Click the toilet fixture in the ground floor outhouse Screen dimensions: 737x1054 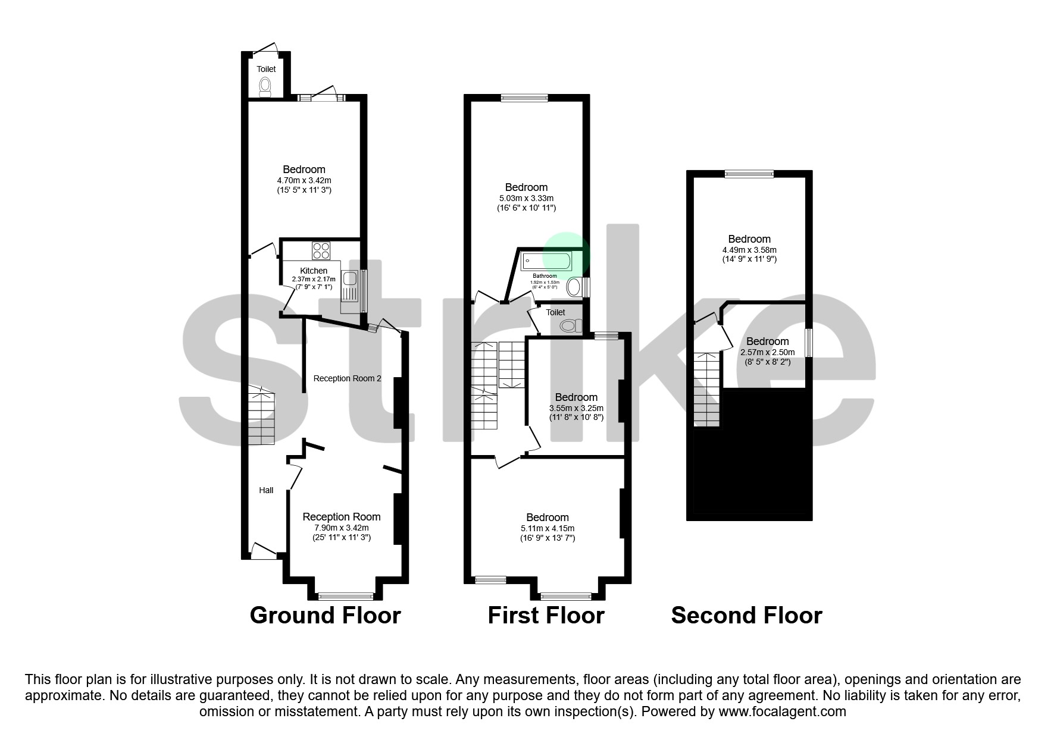pos(266,87)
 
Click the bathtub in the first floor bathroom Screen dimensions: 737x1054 pos(546,261)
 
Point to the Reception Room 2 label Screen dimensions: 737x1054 pos(347,378)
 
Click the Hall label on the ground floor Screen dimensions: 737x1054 pos(266,490)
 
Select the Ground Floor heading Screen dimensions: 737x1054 pos(325,615)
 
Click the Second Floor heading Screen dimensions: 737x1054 pos(746,615)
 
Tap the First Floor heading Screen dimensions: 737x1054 pos(546,615)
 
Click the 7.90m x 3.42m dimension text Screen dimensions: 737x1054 pos(342,528)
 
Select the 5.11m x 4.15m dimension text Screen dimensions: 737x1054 pos(547,528)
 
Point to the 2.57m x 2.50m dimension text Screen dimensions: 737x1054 pos(767,352)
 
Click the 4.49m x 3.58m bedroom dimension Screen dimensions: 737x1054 pos(749,250)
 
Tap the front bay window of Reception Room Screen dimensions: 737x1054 pos(346,595)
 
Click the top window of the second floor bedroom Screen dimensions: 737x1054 pos(749,174)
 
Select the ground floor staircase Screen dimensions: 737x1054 pos(261,416)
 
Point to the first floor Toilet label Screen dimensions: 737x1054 pos(555,312)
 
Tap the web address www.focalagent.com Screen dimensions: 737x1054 pos(782,711)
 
